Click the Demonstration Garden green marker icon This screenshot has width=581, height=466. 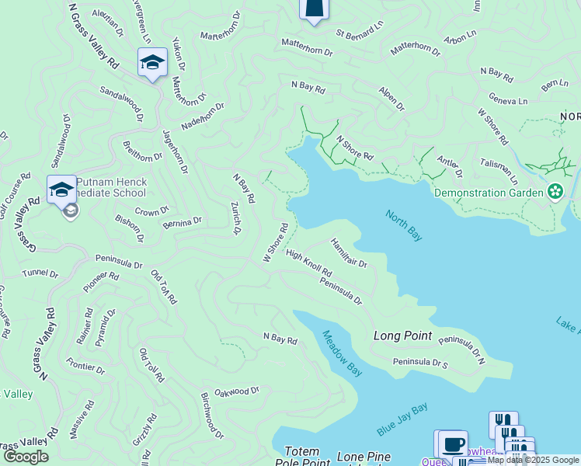555,191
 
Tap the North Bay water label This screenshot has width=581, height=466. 403,224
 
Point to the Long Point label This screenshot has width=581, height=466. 402,336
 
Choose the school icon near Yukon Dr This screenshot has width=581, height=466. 152,62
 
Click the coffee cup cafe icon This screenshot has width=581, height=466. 453,445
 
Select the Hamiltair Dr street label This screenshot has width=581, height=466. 349,252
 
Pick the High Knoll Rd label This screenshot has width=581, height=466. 308,263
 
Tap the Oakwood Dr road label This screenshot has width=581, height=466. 236,392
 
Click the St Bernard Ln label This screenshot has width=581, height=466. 360,30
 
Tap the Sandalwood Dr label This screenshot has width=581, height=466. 121,104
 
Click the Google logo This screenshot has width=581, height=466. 26,456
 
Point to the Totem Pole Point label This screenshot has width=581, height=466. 302,457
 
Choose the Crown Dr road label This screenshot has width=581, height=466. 152,211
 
